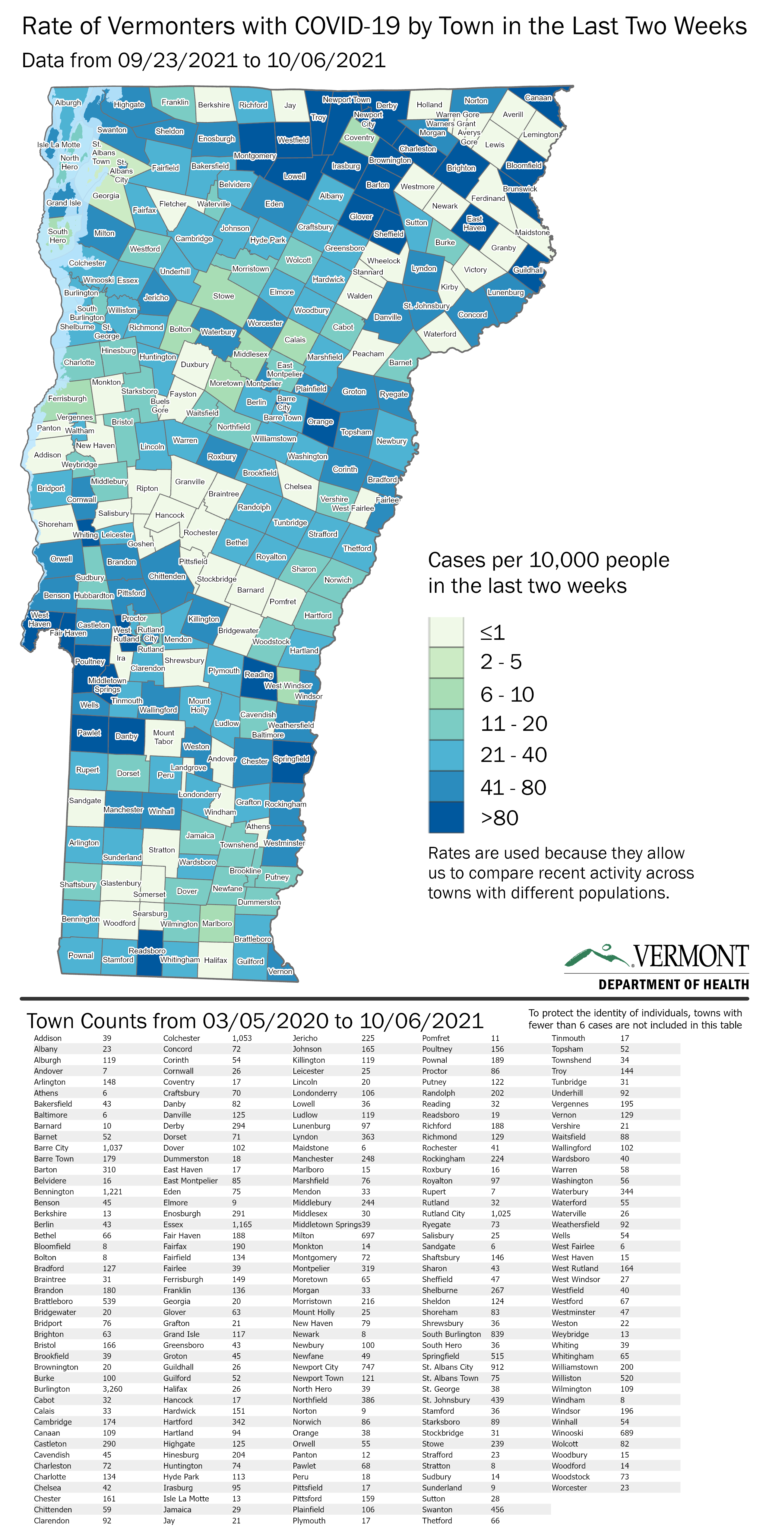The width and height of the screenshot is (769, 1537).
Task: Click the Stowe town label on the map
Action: click(224, 296)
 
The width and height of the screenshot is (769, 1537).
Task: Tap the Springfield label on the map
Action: click(291, 759)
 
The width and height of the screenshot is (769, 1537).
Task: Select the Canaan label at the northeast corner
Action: click(538, 98)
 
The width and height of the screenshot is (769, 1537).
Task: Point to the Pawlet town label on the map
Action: click(89, 733)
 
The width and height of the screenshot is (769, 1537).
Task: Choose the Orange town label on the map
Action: click(320, 422)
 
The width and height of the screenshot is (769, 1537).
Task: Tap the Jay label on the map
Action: click(290, 105)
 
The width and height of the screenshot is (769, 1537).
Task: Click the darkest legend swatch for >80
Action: click(446, 817)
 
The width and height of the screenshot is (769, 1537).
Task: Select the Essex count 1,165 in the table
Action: click(242, 1224)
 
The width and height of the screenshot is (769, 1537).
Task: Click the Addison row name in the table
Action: click(48, 1038)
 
